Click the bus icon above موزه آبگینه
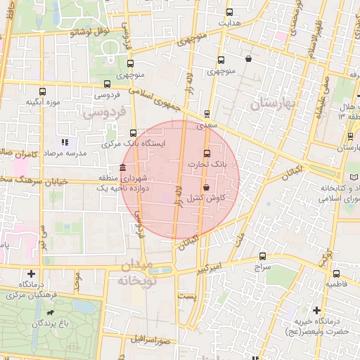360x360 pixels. pos(43,91)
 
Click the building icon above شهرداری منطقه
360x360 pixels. pos(123,168)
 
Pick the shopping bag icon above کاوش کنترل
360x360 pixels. pos(206,188)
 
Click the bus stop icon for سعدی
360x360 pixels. pos(207,113)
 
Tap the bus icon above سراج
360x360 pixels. pos(262,257)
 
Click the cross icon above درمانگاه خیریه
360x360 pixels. pos(316,310)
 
